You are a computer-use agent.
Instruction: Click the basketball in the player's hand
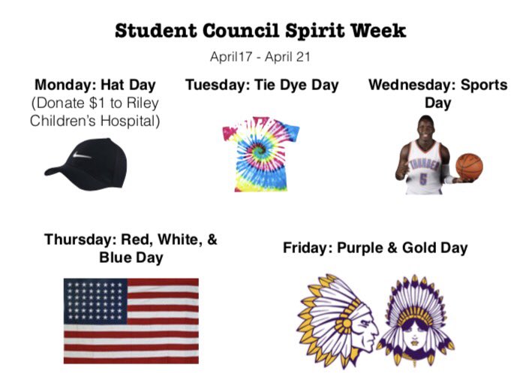[x=469, y=166]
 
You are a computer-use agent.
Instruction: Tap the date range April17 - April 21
[x=260, y=56]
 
